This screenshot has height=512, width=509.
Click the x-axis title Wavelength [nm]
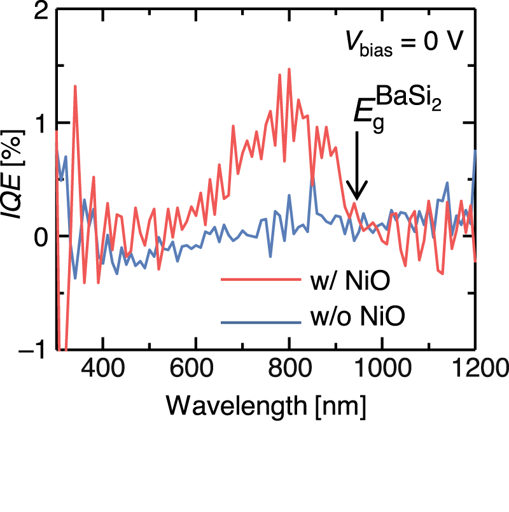pyautogui.click(x=265, y=404)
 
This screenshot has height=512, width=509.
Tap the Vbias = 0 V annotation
pyautogui.click(x=407, y=45)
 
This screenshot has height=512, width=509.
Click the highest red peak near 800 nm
pyautogui.click(x=289, y=69)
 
